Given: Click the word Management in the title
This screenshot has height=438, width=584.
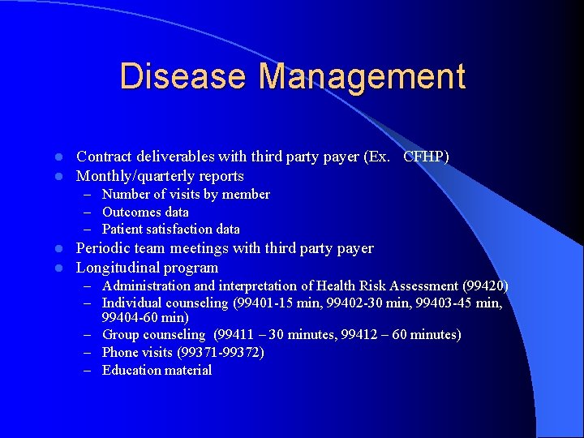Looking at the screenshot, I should click(x=362, y=77).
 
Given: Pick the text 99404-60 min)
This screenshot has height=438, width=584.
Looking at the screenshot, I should click(x=145, y=317).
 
